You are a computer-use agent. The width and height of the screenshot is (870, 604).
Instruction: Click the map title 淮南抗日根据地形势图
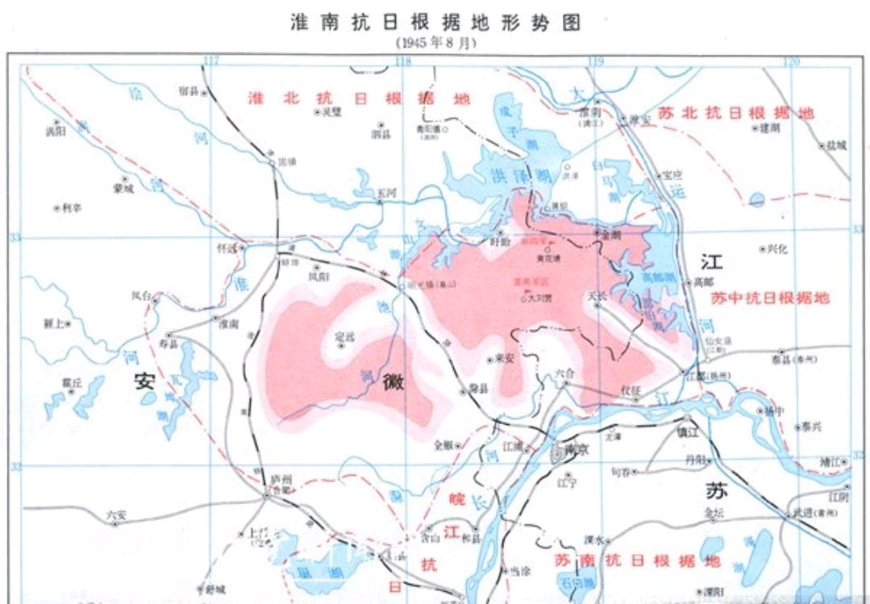coord(435,22)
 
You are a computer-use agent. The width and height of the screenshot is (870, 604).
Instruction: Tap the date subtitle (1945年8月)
coord(435,43)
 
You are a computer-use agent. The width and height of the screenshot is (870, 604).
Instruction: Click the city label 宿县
coord(189,91)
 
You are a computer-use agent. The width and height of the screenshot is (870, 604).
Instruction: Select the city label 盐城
coord(836,145)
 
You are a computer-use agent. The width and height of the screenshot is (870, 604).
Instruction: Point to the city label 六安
coord(115,514)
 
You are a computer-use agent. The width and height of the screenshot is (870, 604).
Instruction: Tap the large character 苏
coord(714,489)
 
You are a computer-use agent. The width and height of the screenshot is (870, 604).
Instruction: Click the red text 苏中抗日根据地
coord(770,298)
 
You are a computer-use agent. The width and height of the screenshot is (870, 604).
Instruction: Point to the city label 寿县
coord(168,343)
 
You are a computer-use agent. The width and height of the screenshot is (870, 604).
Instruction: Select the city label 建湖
coord(769,127)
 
